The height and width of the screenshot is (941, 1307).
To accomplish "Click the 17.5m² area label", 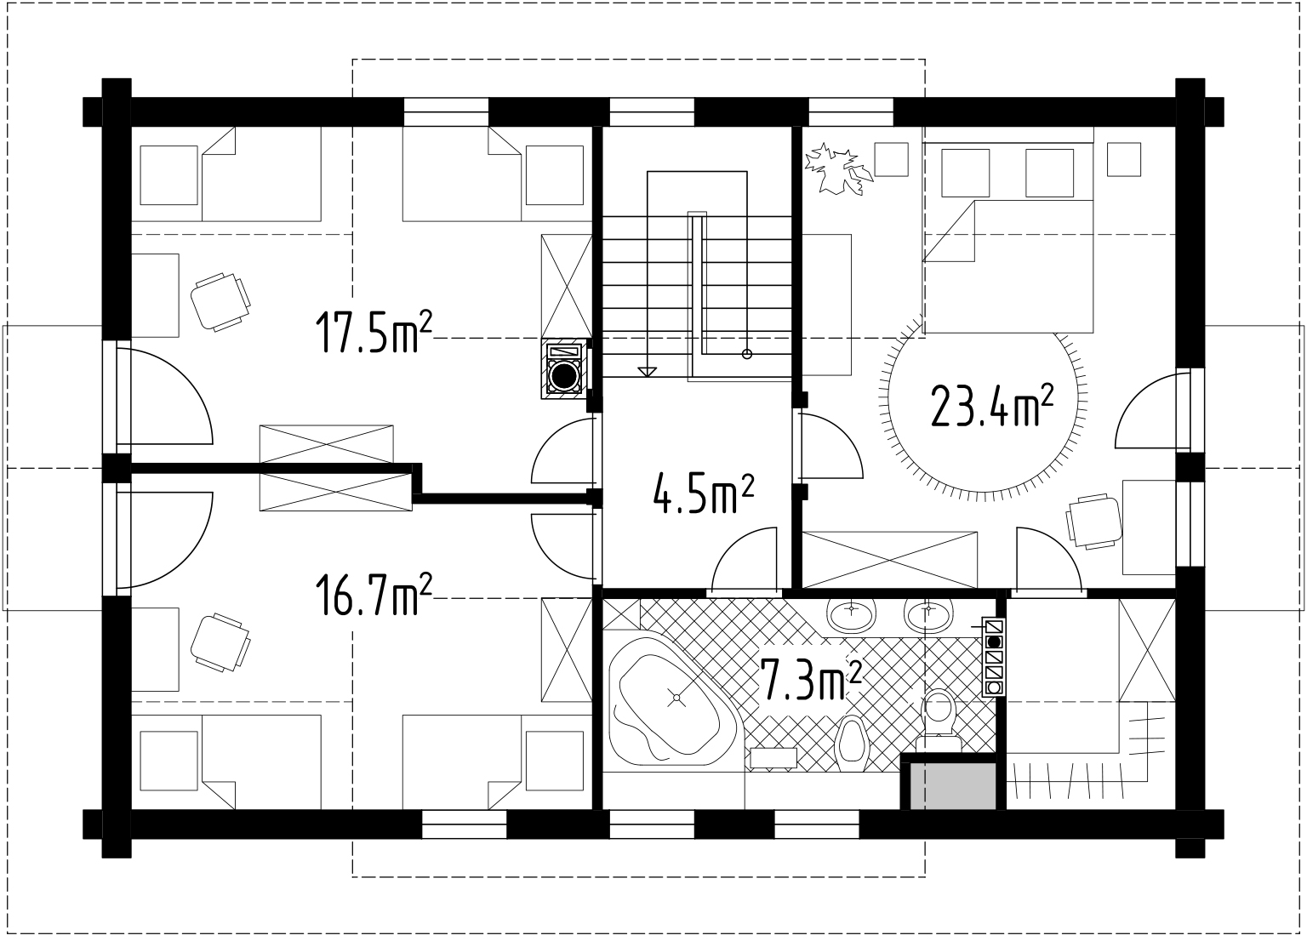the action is (x=374, y=333).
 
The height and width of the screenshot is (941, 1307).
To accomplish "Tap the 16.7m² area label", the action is (x=374, y=594).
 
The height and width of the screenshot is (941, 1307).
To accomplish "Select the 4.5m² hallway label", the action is (x=703, y=493).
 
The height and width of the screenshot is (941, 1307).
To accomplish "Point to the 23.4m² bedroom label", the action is (x=992, y=406).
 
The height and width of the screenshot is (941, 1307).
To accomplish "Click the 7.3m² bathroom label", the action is (x=812, y=679).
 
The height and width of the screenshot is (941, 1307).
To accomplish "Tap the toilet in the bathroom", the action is (x=939, y=721).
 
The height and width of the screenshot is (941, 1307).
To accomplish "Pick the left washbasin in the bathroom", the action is (x=851, y=614).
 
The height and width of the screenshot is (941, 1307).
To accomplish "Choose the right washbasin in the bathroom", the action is (x=928, y=614).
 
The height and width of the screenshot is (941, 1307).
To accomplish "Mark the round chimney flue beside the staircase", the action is (x=564, y=375).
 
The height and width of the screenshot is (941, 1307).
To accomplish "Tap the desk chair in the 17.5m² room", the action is (x=221, y=302).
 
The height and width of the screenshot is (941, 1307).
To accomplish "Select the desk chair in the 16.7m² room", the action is (x=221, y=642).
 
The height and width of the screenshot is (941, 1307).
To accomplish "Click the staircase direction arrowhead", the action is (x=647, y=372).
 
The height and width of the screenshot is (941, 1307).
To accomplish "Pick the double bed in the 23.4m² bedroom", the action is (x=1007, y=231).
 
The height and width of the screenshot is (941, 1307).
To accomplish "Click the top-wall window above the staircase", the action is (x=652, y=112).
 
